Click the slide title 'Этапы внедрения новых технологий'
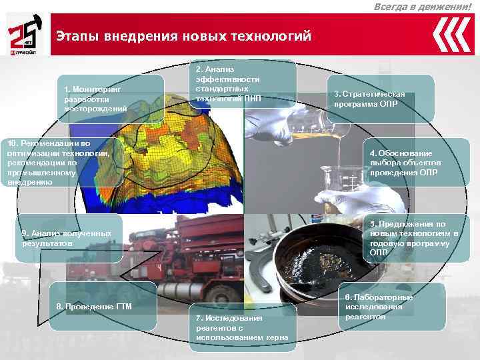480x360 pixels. click(x=183, y=35)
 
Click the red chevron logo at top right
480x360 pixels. click(x=451, y=34)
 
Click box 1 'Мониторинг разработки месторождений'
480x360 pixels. click(x=111, y=99)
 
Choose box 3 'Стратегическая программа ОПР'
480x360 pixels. click(x=381, y=99)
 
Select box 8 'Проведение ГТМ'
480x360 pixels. click(x=103, y=306)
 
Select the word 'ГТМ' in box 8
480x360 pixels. click(x=123, y=307)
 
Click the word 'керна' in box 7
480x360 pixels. click(x=277, y=338)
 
